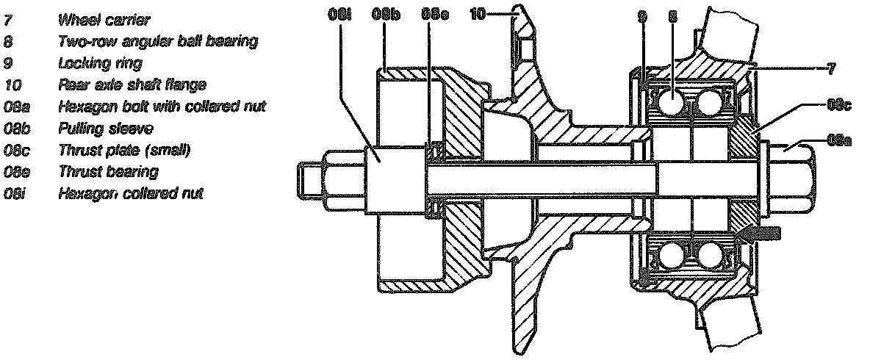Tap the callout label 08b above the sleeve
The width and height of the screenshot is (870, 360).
(x=385, y=14)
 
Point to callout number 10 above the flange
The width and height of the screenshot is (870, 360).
(x=477, y=13)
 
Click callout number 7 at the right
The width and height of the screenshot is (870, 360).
(x=830, y=68)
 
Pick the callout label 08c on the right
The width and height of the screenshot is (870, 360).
(x=838, y=105)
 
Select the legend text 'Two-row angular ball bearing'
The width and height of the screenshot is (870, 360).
(x=157, y=42)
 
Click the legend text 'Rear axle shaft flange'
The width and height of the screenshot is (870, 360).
(x=132, y=85)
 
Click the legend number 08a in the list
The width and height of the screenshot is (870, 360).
(x=15, y=107)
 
